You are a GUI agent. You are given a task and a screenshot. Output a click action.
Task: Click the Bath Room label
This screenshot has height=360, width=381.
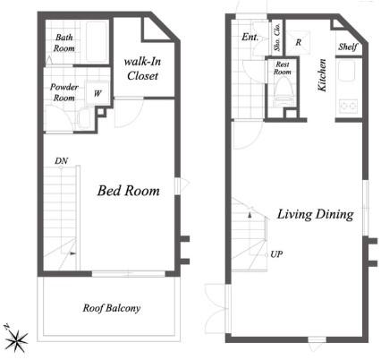click(63, 43)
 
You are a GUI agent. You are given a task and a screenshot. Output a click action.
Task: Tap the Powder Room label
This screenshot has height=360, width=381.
click(63, 92)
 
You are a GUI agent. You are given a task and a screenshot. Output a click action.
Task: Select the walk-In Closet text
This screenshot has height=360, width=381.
click(142, 69)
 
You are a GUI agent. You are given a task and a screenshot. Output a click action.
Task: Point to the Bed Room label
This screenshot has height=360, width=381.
click(129, 191)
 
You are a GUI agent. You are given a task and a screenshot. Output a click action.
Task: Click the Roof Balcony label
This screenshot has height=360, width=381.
click(112, 308)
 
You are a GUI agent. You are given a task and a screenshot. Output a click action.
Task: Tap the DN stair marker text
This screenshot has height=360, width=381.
click(61, 161)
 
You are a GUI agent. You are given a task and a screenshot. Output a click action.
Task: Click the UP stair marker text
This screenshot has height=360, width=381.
click(276, 254)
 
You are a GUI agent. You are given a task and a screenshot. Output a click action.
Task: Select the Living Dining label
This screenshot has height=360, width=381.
click(316, 214)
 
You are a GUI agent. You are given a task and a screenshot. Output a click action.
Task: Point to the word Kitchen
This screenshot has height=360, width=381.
click(322, 75)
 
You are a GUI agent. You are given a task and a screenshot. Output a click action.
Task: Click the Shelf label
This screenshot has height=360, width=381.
click(348, 47)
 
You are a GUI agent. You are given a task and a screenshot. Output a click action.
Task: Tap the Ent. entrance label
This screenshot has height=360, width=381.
click(250, 37)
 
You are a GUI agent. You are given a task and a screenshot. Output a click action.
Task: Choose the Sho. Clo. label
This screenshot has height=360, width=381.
click(277, 37)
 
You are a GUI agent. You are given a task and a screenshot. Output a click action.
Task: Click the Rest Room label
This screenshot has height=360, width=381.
click(283, 68)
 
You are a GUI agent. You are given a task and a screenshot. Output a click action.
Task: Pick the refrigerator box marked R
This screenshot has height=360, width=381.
click(298, 42)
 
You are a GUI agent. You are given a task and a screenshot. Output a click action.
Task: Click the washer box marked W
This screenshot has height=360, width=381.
click(97, 93)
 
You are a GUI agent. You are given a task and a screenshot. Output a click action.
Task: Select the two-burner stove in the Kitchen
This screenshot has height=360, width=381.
click(349, 106)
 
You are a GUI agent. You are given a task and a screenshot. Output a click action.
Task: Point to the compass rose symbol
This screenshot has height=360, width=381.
click(16, 339)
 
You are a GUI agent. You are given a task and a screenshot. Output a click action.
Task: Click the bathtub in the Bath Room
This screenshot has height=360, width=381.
click(97, 41)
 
